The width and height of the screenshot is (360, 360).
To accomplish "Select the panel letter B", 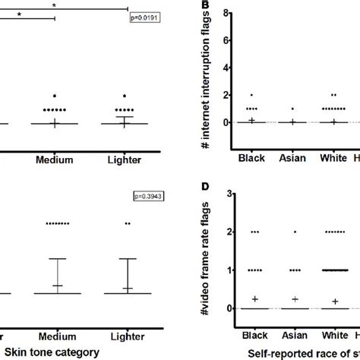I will (203, 6).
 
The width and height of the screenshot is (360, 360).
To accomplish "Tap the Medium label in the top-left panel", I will (55, 160).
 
